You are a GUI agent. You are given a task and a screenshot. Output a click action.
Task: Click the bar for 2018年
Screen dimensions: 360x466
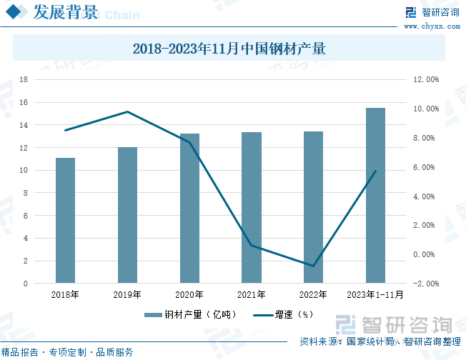coord(66,221)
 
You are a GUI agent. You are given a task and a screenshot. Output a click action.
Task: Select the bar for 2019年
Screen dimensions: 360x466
coord(127,215)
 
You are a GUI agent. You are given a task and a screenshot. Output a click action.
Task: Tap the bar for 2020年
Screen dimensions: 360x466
coord(189,209)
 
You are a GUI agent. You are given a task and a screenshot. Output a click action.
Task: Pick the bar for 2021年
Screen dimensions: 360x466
coord(252,208)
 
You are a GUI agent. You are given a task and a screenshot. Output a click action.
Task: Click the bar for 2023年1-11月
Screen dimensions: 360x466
coord(375,196)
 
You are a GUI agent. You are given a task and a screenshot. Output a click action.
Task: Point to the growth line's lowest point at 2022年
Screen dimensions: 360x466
coord(313,266)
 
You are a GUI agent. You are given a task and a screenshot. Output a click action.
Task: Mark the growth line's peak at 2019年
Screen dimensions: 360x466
coord(127,111)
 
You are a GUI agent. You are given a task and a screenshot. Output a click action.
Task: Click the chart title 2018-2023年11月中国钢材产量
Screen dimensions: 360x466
coord(229,49)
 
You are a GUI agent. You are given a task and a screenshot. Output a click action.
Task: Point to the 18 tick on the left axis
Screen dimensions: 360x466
coord(24,80)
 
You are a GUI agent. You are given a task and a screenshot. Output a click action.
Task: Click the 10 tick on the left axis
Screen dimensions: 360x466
coord(24,171)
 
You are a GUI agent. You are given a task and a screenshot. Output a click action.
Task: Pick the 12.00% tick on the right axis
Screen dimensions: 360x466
coord(426,80)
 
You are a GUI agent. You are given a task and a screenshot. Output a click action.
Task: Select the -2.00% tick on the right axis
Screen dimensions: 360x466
coord(426,284)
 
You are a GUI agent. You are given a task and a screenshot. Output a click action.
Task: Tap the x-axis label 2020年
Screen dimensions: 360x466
coord(189,294)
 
